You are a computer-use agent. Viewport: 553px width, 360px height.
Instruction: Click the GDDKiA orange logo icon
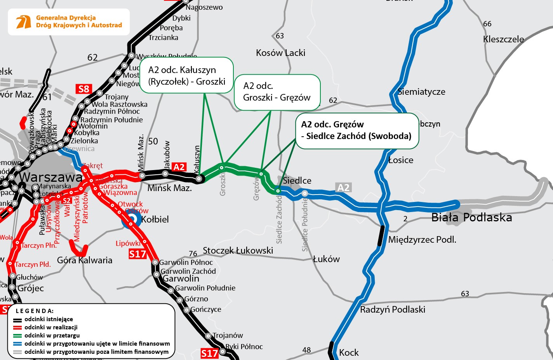click(23, 22)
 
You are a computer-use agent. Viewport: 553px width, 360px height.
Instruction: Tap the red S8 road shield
click(84, 89)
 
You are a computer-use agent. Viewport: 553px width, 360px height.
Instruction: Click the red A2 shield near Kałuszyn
click(179, 167)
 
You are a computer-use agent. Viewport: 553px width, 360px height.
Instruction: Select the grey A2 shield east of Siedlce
click(343, 188)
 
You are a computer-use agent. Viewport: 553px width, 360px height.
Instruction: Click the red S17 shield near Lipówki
click(137, 254)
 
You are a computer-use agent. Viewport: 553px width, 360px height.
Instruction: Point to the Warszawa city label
click(51, 177)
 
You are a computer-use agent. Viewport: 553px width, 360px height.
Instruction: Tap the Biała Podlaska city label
click(471, 217)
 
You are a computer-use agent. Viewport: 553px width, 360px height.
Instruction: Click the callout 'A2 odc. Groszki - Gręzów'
click(277, 92)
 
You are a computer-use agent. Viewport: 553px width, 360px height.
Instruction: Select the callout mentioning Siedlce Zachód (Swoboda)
click(357, 130)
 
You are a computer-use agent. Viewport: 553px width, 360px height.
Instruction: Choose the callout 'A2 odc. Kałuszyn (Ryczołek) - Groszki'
click(186, 75)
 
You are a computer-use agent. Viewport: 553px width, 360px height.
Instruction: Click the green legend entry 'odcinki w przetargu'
click(52, 336)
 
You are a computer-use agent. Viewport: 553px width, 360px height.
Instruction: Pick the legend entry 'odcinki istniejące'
click(49, 319)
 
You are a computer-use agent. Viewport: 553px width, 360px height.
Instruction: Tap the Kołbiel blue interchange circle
click(132, 219)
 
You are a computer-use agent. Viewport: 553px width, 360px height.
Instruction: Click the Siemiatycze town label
click(421, 92)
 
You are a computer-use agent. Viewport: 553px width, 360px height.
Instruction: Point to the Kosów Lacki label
click(280, 53)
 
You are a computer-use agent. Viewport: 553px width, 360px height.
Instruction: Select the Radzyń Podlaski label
click(393, 310)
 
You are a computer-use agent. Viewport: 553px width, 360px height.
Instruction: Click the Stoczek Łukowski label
click(238, 250)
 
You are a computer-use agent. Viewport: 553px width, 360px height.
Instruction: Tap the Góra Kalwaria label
click(85, 260)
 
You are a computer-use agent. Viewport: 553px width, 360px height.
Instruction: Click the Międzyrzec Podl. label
click(422, 240)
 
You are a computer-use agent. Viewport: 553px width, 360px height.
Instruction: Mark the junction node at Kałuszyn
click(199, 179)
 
